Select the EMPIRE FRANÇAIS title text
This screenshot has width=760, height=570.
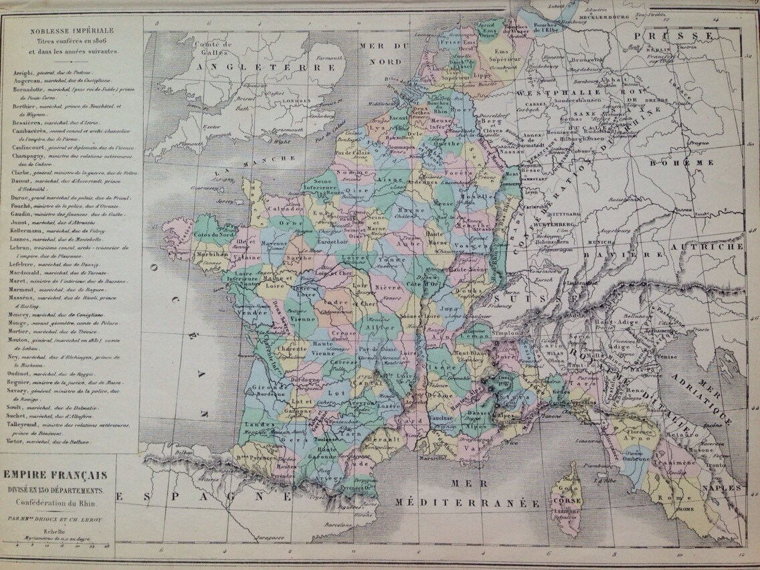tap(56, 475)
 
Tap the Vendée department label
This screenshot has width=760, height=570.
tap(247, 313)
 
